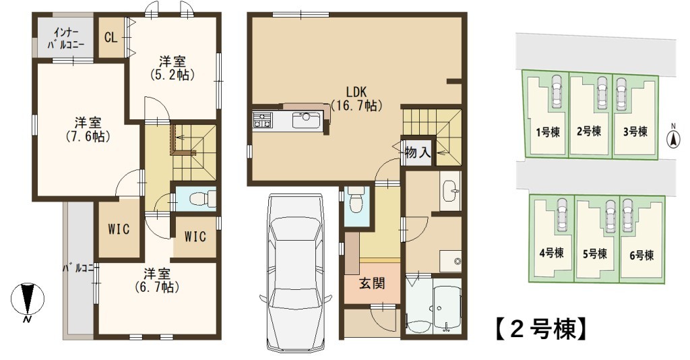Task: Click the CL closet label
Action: (x=111, y=37)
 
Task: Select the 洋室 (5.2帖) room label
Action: (x=172, y=68)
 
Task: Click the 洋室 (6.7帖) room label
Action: (x=157, y=280)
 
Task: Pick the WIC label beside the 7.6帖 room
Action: (x=119, y=229)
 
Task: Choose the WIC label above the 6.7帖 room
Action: (x=195, y=237)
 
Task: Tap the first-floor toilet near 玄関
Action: (x=354, y=201)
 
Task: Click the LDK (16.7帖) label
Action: (x=356, y=98)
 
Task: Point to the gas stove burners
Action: (x=262, y=120)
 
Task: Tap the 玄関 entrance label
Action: (x=372, y=283)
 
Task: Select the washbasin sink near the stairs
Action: (x=450, y=191)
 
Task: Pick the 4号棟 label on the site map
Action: (x=551, y=253)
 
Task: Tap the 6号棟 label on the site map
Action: (x=641, y=256)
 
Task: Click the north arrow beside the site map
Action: (x=672, y=138)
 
